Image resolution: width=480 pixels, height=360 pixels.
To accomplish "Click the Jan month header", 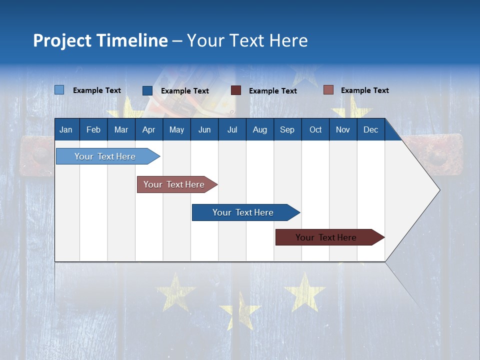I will point(66,130).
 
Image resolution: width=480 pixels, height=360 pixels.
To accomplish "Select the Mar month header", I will point(121,130).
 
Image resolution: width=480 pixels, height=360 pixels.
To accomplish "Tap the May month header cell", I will point(176,130).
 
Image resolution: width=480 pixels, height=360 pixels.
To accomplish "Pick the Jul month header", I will point(232,130).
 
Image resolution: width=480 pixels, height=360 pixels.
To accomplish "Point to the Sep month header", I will point(287,130).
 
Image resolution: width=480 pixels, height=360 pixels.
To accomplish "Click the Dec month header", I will point(370,130).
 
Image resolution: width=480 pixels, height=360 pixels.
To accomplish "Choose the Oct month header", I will point(315,130).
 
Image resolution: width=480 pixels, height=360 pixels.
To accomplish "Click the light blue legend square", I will point(59,90).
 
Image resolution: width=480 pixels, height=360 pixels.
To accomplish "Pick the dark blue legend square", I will point(147,90).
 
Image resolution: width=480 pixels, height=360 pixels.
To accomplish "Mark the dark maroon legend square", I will point(236,90).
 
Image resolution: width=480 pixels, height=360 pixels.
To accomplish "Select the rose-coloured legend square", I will point(328,90).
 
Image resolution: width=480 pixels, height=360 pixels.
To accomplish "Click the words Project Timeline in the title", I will point(100,40).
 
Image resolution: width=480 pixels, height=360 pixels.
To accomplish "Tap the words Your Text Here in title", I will point(247,40).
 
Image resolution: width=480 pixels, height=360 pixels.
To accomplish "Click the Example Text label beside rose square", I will point(364,90).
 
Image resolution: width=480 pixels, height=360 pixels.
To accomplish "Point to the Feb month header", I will point(93,130).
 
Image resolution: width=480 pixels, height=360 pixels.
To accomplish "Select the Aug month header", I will point(259,130).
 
